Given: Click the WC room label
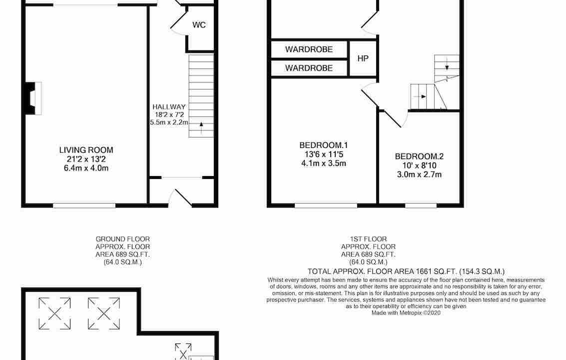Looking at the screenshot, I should pos(199,25).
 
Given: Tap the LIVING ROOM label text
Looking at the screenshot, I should pos(86,150).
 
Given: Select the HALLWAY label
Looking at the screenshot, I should pos(169,106).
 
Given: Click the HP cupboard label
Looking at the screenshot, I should pos(363,58).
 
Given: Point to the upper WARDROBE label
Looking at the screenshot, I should pos(309,49).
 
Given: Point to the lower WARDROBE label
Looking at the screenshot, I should pos(309,68).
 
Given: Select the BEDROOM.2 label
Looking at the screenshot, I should pos(419,156).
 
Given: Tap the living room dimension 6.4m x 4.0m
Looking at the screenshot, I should pos(86,168).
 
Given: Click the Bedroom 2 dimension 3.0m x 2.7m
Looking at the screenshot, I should pos(419,174).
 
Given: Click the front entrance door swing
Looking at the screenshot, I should pos(180,197).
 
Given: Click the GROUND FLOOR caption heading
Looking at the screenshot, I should pos(122,239).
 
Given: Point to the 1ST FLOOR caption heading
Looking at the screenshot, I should pos(368,239).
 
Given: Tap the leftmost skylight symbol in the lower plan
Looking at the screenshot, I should pos(54,313).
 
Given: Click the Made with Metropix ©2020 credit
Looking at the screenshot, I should pos(406,313).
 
